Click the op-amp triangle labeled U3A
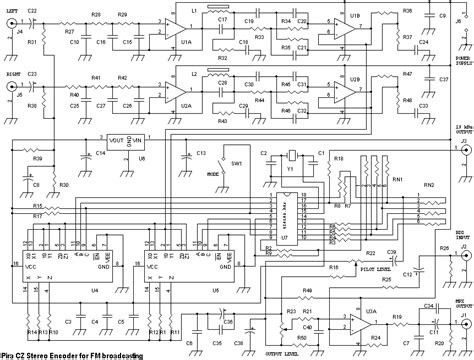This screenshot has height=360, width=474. click(x=354, y=323)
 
